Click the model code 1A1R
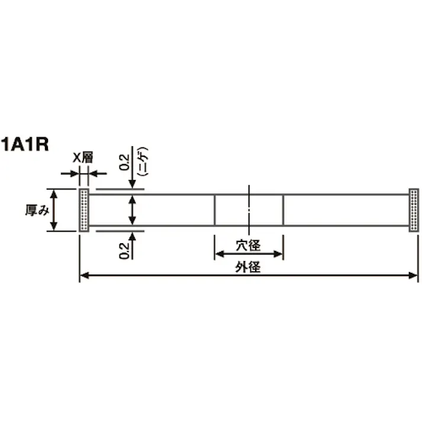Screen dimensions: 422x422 point(24,144)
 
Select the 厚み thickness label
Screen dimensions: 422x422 point(36,210)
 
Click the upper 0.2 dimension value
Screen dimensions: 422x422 point(125,161)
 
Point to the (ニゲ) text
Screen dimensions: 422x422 point(142,160)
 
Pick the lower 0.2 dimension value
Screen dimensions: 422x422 point(125,250)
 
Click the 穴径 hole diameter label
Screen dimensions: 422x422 point(249,243)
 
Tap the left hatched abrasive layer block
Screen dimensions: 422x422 point(84,210)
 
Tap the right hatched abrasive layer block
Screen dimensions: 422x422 point(414,210)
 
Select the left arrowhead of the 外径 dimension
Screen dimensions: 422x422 point(84,275)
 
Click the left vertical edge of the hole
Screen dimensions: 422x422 point(214,210)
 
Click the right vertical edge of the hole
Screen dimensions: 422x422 point(284,210)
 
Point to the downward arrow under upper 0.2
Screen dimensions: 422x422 point(134,183)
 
